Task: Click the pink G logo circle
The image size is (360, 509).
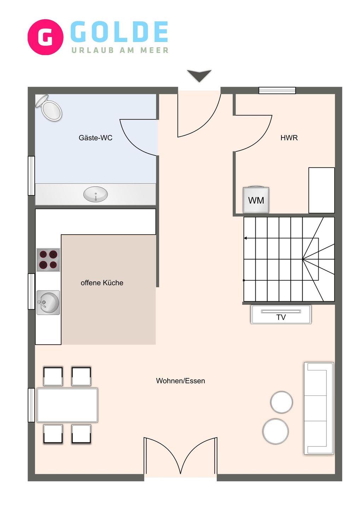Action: pos(45,37)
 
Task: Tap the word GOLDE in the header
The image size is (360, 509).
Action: pos(119,32)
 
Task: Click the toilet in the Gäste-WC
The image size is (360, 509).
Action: pos(49,107)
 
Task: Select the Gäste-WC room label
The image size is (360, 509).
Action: pos(95,138)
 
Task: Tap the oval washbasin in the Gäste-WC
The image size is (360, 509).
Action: pos(95,194)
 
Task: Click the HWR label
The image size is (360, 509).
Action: pos(289,138)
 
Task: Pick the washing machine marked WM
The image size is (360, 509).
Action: pos(256,200)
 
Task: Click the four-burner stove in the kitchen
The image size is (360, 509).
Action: pos(48,260)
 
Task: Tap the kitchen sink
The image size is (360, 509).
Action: pos(48,303)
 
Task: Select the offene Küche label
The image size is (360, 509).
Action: pos(102,283)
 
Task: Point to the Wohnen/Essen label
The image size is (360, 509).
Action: pos(180,381)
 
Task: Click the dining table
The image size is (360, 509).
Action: pos(67,405)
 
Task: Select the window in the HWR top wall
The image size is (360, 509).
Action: pos(277,90)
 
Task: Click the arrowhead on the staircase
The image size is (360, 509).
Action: pos(246,238)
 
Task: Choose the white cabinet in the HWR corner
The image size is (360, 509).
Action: pos(321,190)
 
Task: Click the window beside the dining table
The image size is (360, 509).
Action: pos(31,405)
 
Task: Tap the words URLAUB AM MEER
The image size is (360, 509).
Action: pos(120,50)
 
